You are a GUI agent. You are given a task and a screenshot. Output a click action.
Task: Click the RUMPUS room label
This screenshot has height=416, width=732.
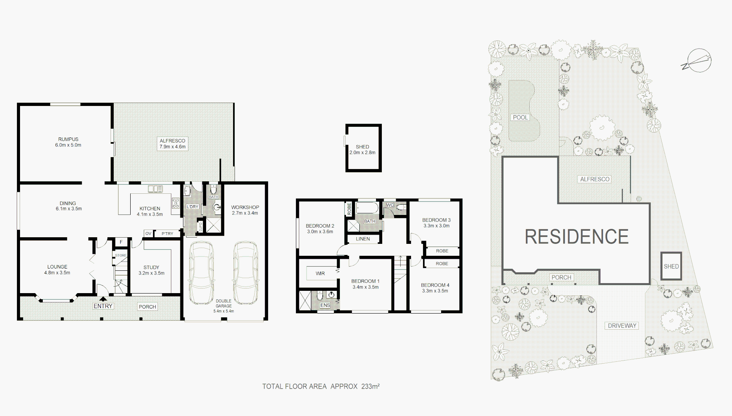tap(68, 139)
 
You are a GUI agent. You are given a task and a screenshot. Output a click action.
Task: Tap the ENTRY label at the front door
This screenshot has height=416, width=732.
tap(103, 306)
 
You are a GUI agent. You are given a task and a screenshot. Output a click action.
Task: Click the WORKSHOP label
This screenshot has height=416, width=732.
tap(245, 207)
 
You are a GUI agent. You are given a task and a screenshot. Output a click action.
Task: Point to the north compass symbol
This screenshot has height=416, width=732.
tap(697, 61)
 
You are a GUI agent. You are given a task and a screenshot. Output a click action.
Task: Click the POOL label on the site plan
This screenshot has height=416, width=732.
tap(520, 117)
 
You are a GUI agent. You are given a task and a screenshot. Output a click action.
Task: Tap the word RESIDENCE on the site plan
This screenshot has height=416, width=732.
tap(576, 237)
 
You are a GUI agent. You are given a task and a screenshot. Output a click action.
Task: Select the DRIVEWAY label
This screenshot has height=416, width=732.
tap(622, 325)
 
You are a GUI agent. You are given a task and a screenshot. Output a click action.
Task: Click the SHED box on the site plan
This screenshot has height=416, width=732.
tap(671, 266)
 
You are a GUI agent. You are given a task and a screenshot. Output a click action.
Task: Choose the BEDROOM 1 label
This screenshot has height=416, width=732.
tap(365, 281)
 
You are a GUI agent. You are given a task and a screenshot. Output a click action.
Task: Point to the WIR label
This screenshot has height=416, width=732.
tap(320, 273)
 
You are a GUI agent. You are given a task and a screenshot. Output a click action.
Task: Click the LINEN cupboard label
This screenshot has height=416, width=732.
tap(363, 239)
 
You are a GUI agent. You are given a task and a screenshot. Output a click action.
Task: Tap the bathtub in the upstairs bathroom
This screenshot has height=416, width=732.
tap(367, 208)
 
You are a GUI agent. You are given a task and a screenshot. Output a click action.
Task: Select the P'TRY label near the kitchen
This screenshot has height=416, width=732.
tap(167, 233)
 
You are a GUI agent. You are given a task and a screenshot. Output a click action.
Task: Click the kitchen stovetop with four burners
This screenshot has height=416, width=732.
tap(175, 203)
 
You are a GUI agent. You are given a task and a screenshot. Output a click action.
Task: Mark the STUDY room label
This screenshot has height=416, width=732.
tap(151, 267)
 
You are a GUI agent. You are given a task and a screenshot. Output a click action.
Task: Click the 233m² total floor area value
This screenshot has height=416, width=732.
tap(370, 386)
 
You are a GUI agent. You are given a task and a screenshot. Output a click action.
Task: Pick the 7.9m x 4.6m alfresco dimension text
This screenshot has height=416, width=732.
tap(173, 147)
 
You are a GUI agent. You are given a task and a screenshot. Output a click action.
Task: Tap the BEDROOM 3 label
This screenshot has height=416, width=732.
tap(436, 220)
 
